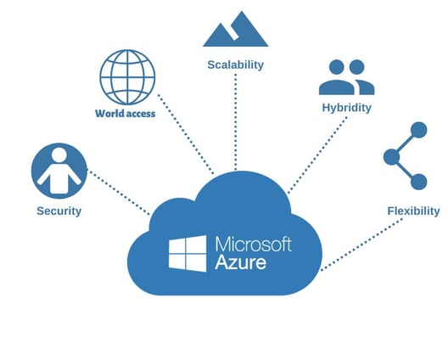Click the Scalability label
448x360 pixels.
click(x=235, y=65)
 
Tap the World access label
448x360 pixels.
click(x=125, y=114)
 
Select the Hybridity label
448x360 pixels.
click(x=346, y=108)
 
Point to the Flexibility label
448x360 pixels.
click(x=413, y=211)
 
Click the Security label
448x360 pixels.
click(x=59, y=211)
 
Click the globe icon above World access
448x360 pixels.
click(x=127, y=77)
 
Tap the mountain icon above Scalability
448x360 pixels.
click(x=236, y=29)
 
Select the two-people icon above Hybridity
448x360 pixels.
click(x=346, y=77)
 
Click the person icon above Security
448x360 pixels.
click(x=59, y=171)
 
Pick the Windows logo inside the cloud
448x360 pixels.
click(x=188, y=253)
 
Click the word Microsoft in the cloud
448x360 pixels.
click(x=254, y=245)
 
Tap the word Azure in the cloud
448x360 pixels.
click(x=241, y=262)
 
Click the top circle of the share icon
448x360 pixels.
click(x=418, y=130)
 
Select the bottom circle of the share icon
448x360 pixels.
click(x=418, y=182)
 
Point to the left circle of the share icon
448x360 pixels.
click(x=391, y=157)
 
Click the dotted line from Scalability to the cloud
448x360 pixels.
click(x=236, y=122)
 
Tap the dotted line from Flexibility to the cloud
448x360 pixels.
click(x=361, y=245)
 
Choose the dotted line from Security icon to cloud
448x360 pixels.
click(x=119, y=193)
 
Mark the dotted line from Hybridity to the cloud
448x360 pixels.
click(x=317, y=155)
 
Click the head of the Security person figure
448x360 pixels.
click(x=59, y=155)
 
